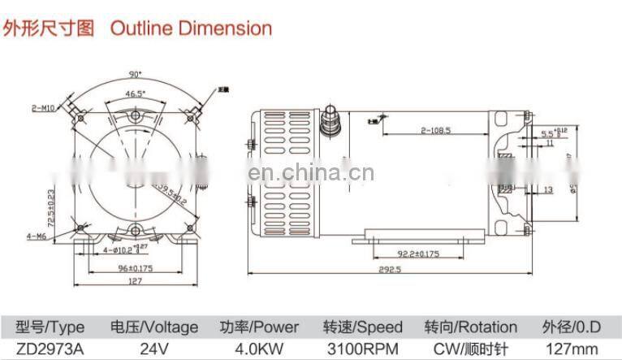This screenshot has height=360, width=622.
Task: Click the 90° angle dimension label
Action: tap(134, 75)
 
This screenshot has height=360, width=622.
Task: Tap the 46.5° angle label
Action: tap(135, 94)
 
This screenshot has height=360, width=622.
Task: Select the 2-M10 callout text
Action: tap(43, 107)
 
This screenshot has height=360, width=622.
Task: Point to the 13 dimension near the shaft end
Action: tap(548, 189)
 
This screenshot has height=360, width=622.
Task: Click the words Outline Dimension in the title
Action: tap(191, 28)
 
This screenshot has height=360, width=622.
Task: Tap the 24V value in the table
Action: tap(153, 349)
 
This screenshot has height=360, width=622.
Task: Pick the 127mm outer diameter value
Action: tap(572, 349)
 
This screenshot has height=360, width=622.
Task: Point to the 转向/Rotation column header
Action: tap(470, 327)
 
